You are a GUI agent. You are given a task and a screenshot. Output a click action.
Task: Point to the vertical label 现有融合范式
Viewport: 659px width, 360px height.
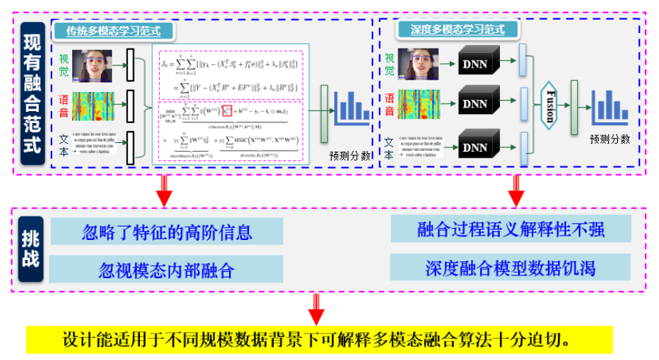32,94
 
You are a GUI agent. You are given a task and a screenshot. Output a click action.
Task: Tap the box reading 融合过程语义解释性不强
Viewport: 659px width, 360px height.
510,229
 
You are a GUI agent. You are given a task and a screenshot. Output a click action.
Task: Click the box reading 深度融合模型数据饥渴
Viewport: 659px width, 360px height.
510,267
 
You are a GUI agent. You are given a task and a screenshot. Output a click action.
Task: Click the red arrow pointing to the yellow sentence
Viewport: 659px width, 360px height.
317,309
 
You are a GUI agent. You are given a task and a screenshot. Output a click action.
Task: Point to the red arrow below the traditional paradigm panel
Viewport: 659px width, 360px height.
164,191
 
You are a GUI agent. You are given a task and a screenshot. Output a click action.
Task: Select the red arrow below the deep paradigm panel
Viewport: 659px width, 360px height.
515,191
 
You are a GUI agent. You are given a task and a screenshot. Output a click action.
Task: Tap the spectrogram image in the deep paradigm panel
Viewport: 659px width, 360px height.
418,103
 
